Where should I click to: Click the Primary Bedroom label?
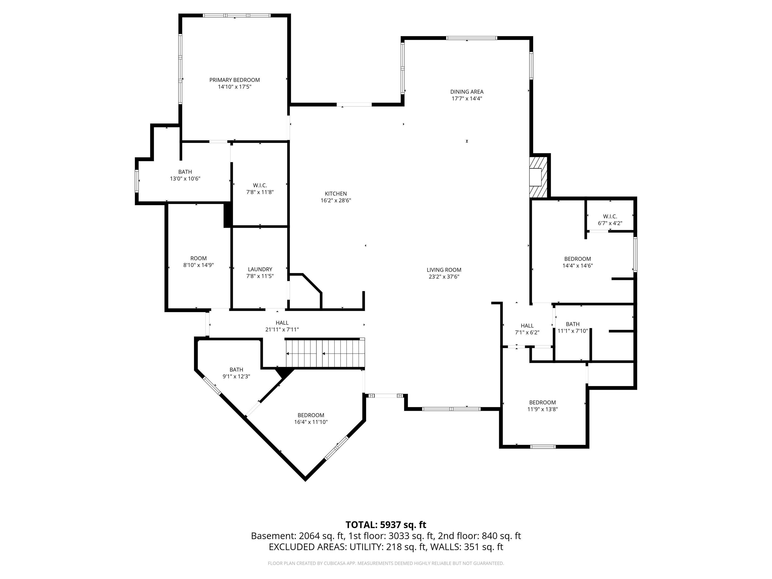pos(234,80)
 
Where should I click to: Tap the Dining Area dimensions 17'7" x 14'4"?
pos(467,99)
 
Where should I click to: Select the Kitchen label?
pos(336,194)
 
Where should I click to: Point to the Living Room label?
pos(444,270)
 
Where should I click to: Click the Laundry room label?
pos(260,269)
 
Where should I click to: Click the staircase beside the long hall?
pos(325,353)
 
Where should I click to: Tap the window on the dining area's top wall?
pos(471,38)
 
